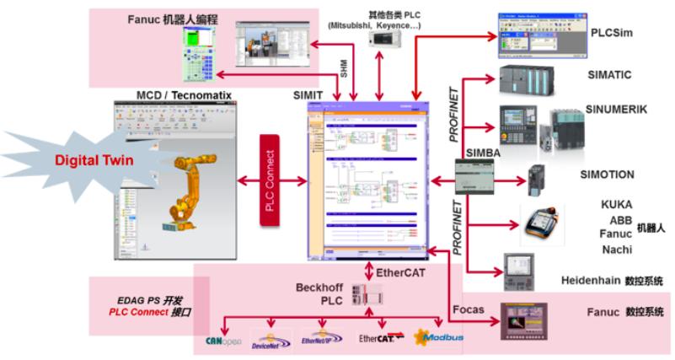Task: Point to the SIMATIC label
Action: click(x=611, y=75)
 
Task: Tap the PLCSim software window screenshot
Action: click(x=530, y=35)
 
